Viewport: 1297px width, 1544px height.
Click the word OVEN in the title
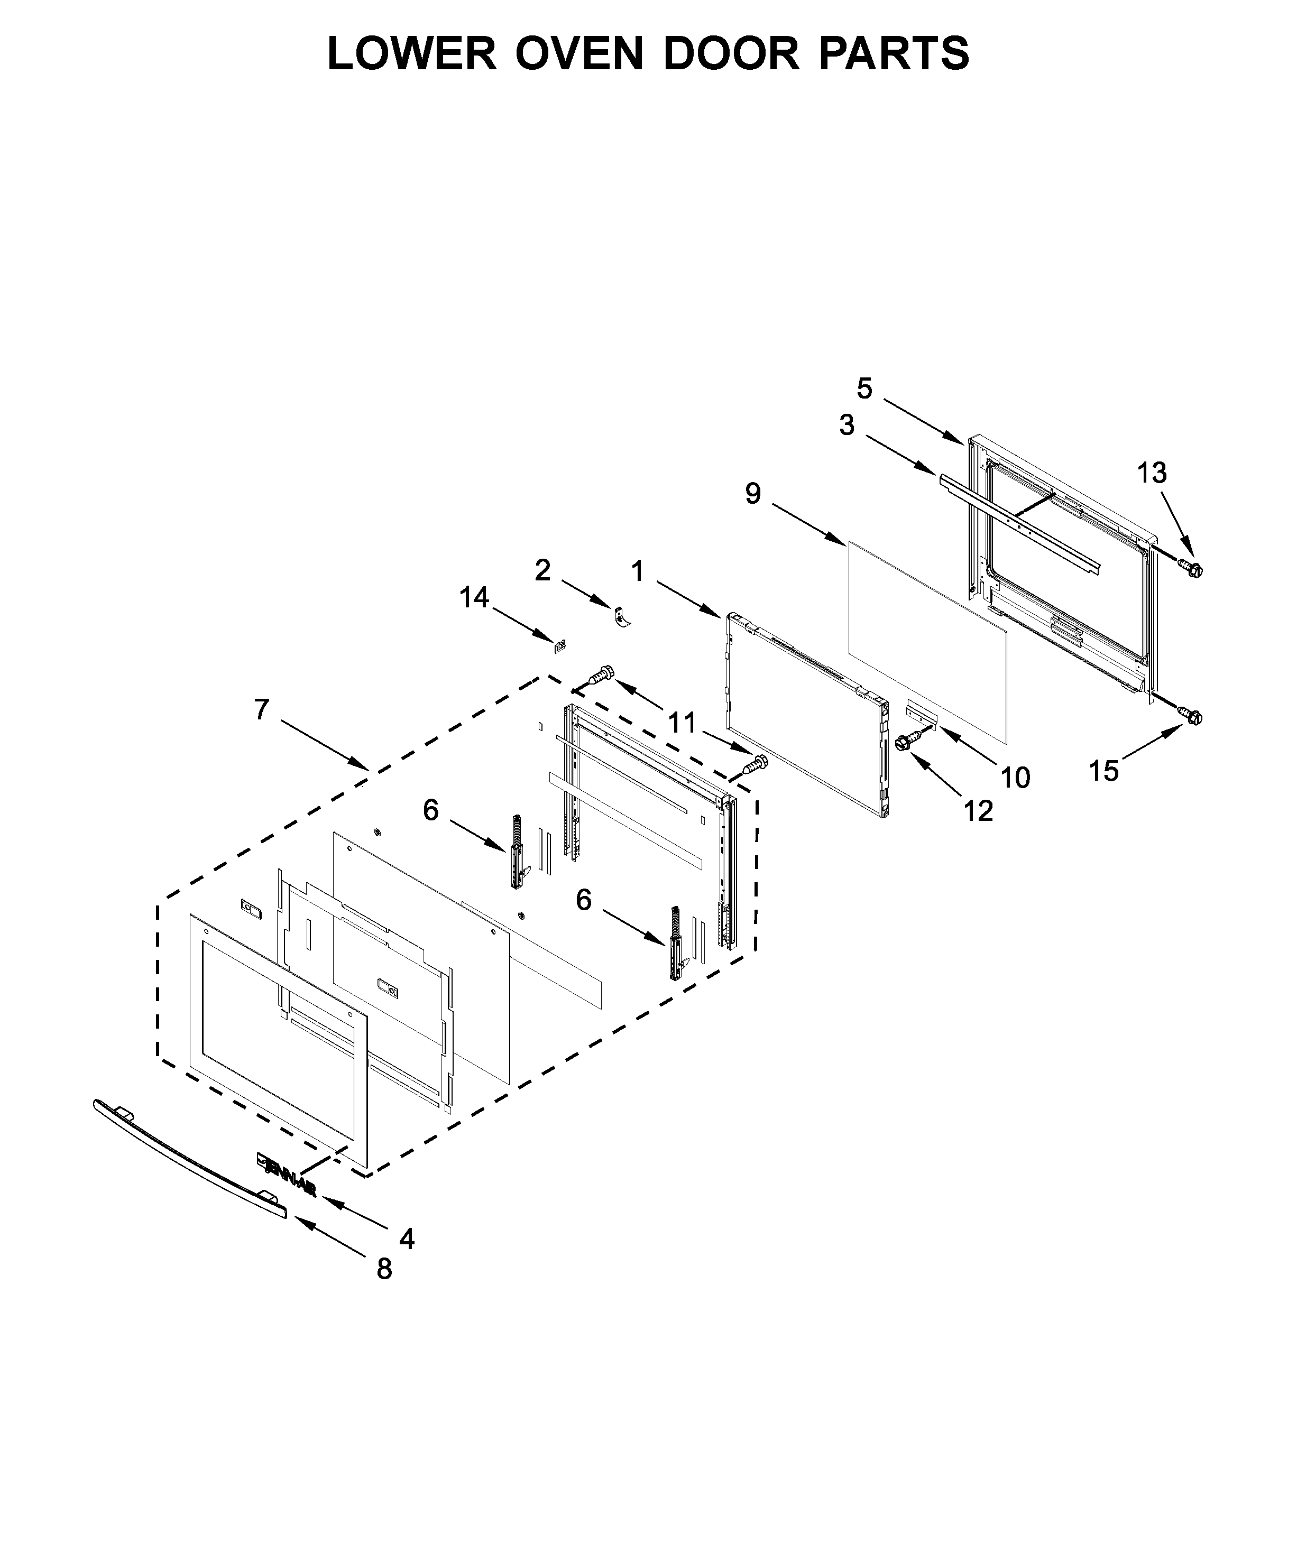point(578,54)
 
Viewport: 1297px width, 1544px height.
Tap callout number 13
point(1152,473)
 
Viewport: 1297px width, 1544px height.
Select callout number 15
point(1103,771)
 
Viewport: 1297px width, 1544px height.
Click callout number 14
point(474,598)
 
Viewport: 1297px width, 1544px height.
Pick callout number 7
point(262,710)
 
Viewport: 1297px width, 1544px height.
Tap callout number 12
point(979,811)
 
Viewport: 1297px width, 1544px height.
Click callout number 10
point(1015,777)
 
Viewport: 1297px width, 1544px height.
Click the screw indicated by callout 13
point(1190,567)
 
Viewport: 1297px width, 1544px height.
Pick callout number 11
point(682,723)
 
